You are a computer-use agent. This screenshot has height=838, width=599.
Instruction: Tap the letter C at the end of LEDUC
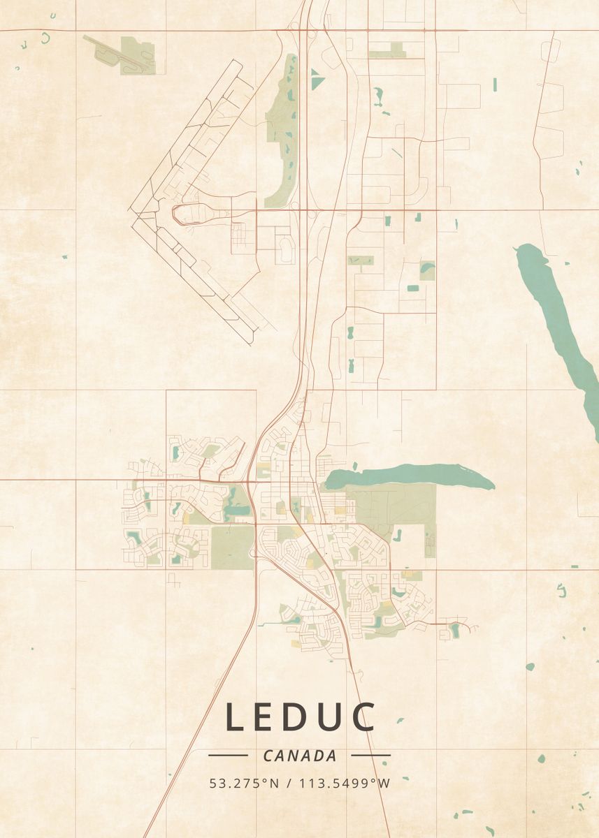tap(363, 717)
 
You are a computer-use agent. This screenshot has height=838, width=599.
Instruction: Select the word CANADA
tap(299, 756)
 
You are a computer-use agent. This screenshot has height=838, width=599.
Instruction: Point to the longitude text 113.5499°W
tap(345, 784)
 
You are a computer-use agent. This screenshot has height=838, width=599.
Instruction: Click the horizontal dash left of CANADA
tap(228, 755)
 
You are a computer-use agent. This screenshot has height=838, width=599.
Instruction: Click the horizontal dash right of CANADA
tap(370, 755)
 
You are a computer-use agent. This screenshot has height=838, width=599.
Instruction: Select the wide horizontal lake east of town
tap(409, 476)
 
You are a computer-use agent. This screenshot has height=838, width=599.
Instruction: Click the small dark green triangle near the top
tap(317, 80)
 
